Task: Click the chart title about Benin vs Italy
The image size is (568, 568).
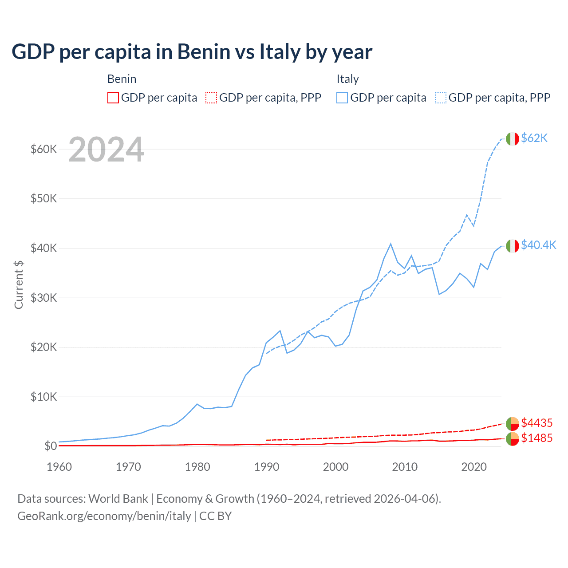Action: coord(192,52)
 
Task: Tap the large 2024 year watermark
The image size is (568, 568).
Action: coord(106,150)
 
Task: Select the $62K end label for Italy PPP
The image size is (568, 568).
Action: coord(534,138)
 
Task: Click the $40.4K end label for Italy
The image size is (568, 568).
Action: coord(538,245)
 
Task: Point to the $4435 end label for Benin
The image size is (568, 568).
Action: coord(536,423)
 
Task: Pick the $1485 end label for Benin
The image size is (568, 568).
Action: coord(536,438)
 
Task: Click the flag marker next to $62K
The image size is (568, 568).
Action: coord(512,138)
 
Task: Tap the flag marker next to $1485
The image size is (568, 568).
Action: coord(512,439)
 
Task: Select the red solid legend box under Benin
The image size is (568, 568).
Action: coord(113,98)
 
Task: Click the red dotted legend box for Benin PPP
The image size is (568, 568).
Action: coord(211,98)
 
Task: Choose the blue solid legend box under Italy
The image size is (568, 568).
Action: coord(342,98)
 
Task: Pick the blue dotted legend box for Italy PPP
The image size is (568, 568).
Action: coord(441,98)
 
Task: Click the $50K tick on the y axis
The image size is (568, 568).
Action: coord(43,198)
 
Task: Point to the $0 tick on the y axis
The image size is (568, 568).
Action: coord(51,446)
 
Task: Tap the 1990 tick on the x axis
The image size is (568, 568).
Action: coord(267,467)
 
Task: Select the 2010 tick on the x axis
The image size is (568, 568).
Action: coord(405,467)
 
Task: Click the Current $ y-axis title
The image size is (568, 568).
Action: coord(19,284)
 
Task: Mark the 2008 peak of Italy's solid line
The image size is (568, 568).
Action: coord(390,244)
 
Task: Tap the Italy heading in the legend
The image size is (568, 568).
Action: coord(347,79)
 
